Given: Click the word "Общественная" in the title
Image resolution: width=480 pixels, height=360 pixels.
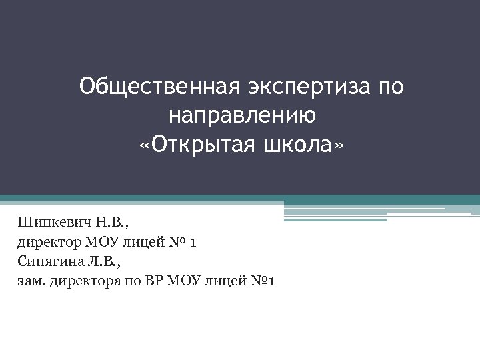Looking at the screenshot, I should (x=155, y=87).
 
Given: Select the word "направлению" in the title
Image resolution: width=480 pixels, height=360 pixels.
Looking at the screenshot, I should (x=242, y=116).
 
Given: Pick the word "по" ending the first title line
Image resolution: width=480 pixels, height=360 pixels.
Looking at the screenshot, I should (x=390, y=87).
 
